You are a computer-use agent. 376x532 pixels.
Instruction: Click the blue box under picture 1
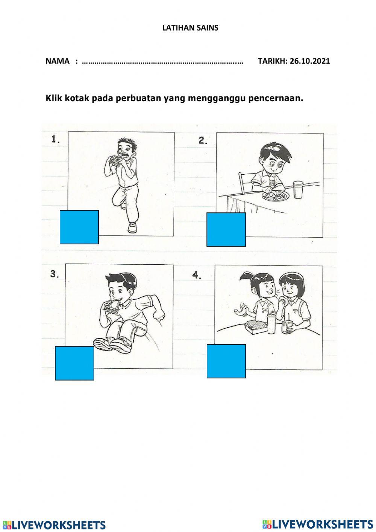coord(79,227)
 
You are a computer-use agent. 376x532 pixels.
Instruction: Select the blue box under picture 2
coord(226,229)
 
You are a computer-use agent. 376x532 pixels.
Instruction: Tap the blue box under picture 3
coord(74,363)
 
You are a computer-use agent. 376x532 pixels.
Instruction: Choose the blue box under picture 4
coord(226,361)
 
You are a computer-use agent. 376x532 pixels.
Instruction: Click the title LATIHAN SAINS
coord(190,28)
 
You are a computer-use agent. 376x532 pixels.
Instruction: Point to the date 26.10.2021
coord(310,61)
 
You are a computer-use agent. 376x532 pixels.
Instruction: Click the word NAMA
coord(58,61)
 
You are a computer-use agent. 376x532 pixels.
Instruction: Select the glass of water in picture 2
coord(298,189)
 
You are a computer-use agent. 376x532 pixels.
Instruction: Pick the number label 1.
coord(56,139)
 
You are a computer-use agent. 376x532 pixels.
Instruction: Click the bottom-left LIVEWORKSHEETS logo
coord(54,525)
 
